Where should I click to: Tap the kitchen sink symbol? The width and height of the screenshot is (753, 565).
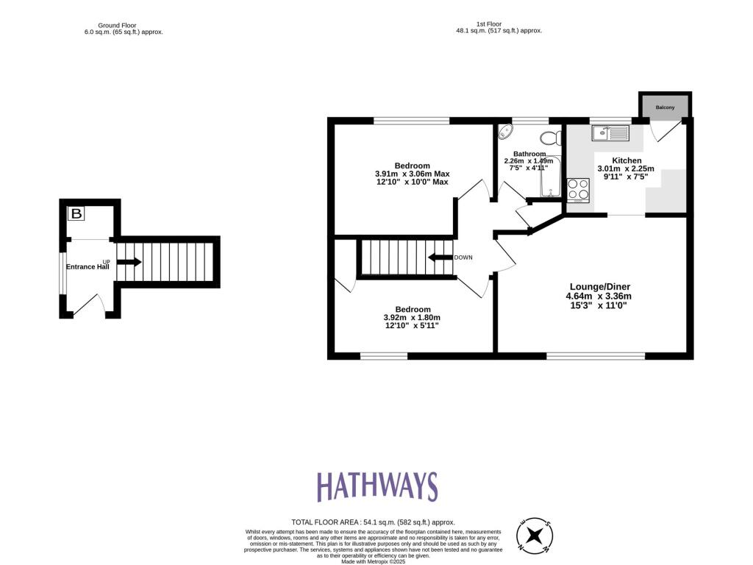tap(610, 133)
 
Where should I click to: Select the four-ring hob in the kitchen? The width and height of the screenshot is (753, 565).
tap(578, 190)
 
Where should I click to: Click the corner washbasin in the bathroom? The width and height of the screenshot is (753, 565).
tap(504, 132)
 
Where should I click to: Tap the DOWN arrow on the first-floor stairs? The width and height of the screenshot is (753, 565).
tap(440, 257)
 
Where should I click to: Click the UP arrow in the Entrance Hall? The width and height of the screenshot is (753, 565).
tap(128, 261)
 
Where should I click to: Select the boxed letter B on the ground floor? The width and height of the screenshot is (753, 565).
tap(76, 214)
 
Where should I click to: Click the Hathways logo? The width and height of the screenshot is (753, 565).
tap(376, 487)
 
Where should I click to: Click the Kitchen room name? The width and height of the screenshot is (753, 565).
tap(627, 160)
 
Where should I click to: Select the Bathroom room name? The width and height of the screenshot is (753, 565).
tap(529, 154)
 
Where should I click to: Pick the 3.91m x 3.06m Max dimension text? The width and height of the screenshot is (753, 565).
tap(412, 174)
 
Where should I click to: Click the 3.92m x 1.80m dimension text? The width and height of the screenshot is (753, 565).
tap(412, 318)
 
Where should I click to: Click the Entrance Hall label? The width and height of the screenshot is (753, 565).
tap(88, 267)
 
